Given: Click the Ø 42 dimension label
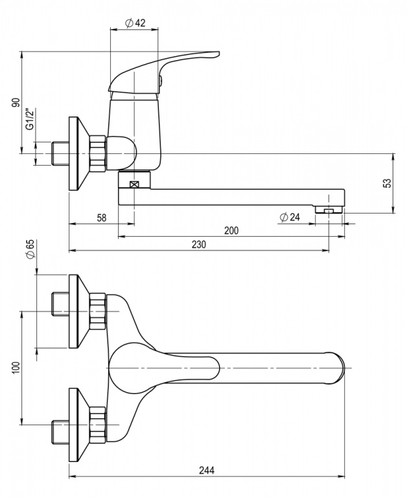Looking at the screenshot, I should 134,23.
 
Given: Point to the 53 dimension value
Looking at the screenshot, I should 387,183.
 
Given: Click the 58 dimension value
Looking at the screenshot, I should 102,217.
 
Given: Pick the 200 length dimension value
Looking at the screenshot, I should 231,230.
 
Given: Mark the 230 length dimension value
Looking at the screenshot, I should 198,244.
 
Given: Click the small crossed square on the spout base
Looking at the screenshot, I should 134,184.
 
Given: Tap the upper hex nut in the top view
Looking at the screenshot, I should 97,311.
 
